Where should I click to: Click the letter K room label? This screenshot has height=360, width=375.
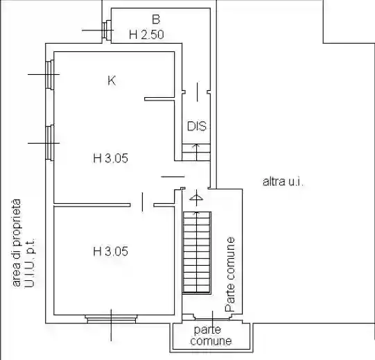click(112, 80)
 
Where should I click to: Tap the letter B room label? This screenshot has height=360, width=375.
click(156, 19)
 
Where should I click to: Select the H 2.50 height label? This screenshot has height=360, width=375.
click(146, 35)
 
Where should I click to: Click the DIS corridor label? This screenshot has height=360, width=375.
click(197, 126)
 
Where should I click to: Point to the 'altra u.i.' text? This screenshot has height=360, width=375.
click(284, 182)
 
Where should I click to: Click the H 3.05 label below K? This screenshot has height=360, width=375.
click(110, 158)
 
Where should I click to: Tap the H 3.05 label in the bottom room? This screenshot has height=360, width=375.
click(110, 251)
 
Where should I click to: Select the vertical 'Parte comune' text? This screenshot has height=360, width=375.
click(230, 274)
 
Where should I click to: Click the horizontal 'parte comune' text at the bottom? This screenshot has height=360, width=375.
click(211, 336)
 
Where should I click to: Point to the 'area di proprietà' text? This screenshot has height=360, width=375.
click(17, 243)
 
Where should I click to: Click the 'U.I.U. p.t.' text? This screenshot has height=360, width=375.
click(30, 263)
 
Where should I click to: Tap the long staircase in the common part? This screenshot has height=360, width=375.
click(197, 252)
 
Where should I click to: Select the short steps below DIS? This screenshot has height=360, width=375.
click(196, 152)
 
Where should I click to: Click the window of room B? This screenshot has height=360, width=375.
click(107, 30)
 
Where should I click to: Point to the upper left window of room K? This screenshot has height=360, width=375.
click(50, 75)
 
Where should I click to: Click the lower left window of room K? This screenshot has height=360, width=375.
click(50, 143)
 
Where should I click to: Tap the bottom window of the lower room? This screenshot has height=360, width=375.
click(111, 319)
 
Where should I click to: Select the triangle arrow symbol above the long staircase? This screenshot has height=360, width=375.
click(196, 198)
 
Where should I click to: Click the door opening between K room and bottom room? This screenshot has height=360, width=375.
click(142, 205)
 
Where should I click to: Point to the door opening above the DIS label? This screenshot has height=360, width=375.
click(196, 92)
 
